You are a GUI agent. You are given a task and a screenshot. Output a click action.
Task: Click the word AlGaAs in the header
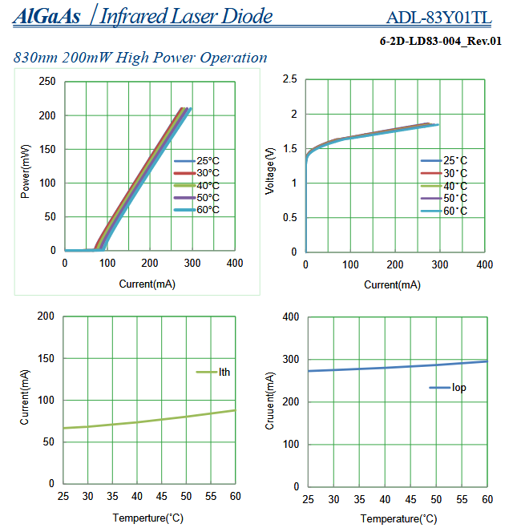46,16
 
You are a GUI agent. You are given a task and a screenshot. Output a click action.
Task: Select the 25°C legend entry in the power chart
196,160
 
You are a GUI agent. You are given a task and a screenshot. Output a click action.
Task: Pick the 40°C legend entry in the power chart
196,185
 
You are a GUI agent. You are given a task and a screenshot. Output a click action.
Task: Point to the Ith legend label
224,372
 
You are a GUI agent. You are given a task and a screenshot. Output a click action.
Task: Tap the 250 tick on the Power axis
47,82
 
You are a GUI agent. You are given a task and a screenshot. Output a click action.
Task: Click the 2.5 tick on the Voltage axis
289,79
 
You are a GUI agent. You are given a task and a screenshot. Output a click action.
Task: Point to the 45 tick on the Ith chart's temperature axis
161,497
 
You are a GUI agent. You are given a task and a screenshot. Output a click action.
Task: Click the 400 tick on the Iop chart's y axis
291,317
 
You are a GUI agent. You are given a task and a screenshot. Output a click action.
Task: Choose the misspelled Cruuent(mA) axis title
270,401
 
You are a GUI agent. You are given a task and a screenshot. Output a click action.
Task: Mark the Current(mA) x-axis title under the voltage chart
392,284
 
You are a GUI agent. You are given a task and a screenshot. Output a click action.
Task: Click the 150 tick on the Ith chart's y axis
47,359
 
